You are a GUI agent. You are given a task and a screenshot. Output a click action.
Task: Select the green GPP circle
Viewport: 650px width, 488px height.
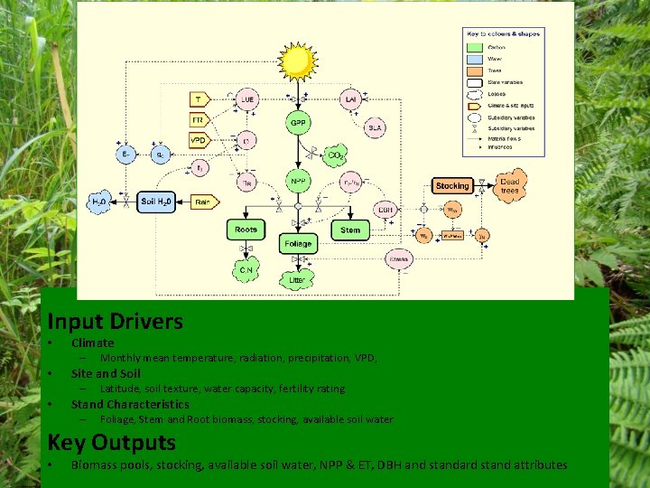(298, 122)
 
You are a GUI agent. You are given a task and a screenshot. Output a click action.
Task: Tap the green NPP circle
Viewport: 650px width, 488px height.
(298, 181)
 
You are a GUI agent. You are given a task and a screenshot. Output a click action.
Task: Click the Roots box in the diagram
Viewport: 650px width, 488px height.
(246, 230)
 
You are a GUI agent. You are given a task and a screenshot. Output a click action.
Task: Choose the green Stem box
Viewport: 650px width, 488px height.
(350, 230)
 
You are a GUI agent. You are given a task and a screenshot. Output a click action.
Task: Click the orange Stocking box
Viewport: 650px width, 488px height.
(451, 186)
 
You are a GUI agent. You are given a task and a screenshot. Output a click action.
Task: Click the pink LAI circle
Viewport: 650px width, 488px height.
(350, 99)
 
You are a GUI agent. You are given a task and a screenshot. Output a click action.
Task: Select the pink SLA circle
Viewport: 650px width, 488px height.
(375, 128)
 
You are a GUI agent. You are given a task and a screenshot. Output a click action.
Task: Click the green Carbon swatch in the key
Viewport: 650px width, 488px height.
(476, 46)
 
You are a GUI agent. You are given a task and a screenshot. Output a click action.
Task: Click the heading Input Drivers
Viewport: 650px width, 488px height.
(115, 321)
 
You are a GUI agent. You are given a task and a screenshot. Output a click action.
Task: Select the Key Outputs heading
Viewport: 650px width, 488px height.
(111, 443)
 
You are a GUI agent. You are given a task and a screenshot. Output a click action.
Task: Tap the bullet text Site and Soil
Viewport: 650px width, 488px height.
(106, 373)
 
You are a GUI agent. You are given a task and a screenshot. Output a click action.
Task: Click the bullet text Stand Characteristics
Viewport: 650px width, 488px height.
(130, 404)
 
